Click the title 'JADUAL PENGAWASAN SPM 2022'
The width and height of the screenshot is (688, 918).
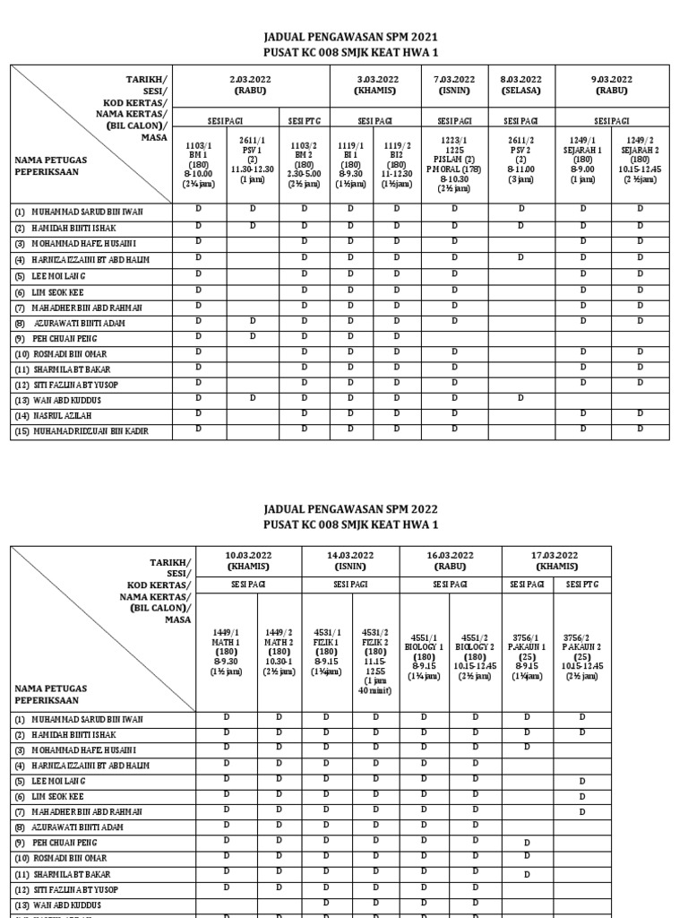coord(343,508)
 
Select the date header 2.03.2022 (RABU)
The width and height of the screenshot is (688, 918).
coord(252,85)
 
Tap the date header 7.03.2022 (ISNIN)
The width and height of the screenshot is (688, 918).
coord(453,85)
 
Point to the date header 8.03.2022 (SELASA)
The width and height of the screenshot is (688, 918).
coord(520,85)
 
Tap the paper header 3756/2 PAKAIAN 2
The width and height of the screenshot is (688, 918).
coord(582,650)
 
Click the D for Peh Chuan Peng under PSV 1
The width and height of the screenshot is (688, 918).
coord(253,336)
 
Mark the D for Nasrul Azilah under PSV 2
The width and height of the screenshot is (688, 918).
coord(520,415)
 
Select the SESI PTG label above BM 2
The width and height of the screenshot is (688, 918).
coord(303,121)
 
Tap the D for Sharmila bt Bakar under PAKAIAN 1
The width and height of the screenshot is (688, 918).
coord(527,874)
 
